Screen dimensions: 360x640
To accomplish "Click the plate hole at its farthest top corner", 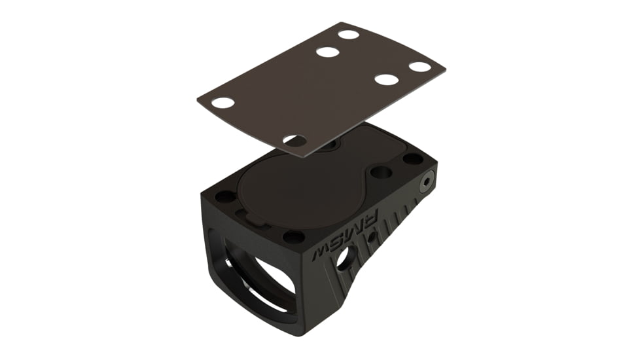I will click(348, 34).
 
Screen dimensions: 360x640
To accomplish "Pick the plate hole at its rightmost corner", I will click(420, 66).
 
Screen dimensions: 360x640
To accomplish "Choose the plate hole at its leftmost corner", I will click(223, 103).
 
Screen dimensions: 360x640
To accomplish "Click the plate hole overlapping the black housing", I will click(295, 140).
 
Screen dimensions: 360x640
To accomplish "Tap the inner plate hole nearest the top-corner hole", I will click(327, 52).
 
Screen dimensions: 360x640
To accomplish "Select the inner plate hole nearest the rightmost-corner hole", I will click(387, 80).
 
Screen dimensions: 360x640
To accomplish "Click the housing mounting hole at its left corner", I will click(225, 196).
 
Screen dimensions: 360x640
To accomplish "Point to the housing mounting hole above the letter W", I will click(294, 236).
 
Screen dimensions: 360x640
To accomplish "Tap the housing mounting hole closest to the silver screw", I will click(413, 158).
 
